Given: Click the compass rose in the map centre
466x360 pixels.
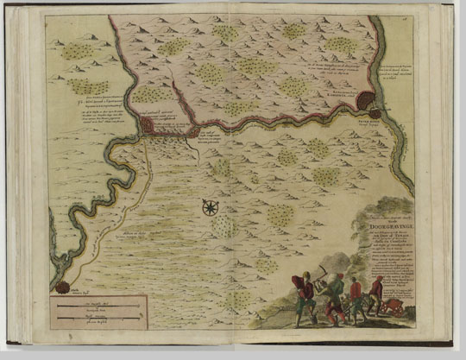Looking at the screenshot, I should coord(209,207).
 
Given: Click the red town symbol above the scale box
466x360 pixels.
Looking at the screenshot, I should coord(63,286).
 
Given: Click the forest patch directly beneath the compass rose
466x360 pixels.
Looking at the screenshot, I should coord(223,227).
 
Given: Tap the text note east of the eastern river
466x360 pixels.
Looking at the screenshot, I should coord(407,76).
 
